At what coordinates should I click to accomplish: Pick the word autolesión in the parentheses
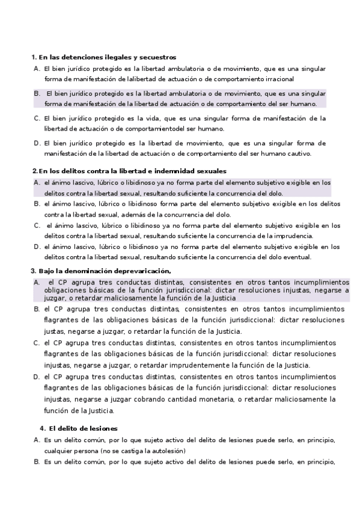(x=165, y=450)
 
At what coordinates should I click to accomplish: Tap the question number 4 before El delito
(x=42, y=428)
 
